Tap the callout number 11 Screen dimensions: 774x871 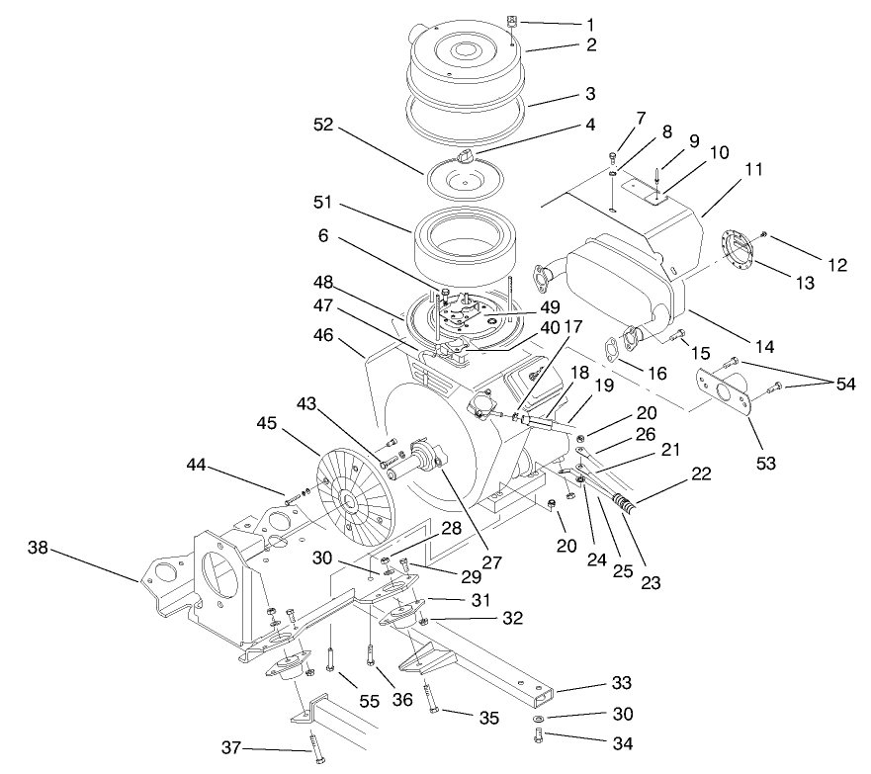click(x=754, y=170)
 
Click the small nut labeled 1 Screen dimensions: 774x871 click(x=513, y=21)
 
